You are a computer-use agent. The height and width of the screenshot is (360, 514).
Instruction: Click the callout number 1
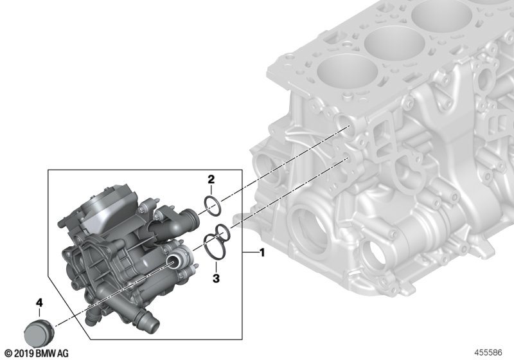(262, 253)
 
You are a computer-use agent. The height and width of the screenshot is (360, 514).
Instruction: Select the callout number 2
(211, 179)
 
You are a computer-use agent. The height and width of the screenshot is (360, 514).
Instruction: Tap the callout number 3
(216, 279)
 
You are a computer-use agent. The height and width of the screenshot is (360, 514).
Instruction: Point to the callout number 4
(39, 303)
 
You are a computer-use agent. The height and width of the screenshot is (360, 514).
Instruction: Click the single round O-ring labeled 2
(213, 206)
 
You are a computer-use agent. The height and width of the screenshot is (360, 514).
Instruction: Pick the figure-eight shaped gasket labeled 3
(217, 242)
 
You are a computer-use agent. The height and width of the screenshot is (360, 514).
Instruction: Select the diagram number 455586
(488, 353)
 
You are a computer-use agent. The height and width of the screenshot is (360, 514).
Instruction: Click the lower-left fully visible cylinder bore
(348, 73)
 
